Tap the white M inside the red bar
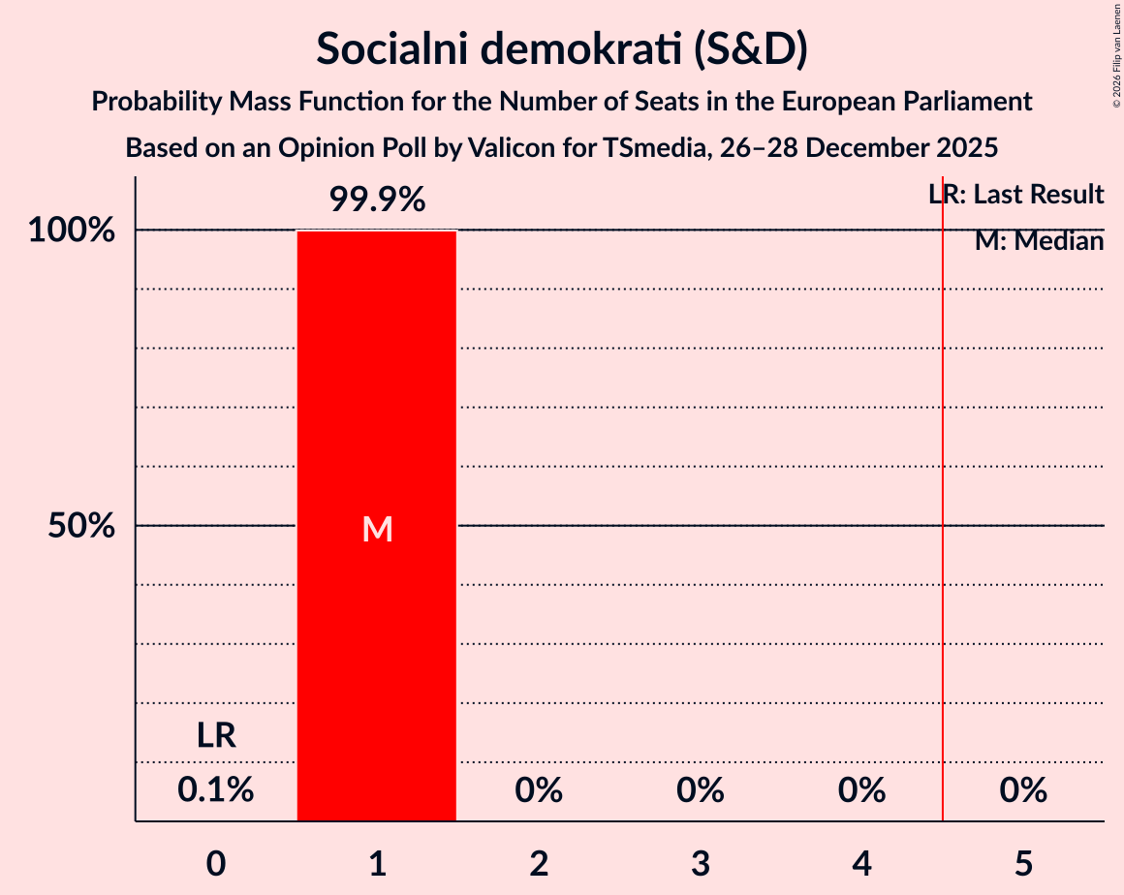[377, 529]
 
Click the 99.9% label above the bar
[377, 201]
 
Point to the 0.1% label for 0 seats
[216, 791]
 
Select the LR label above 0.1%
[216, 735]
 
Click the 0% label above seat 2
[539, 791]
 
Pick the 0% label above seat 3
[701, 791]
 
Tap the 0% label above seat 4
[862, 791]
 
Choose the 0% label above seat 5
[1023, 791]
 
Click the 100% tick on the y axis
[72, 231]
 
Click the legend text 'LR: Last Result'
[1015, 195]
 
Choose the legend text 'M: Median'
[1039, 241]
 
